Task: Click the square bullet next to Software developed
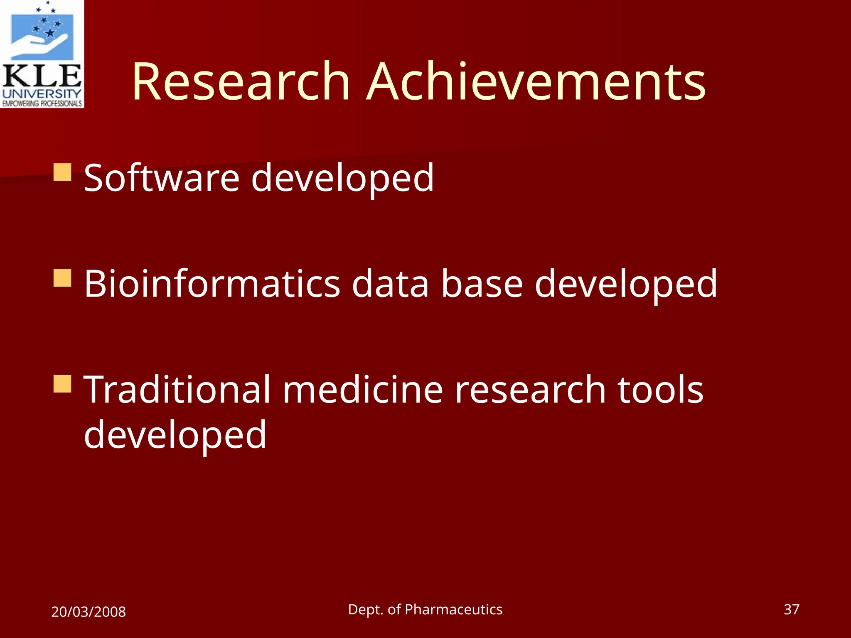click(63, 172)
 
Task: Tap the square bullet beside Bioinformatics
click(63, 278)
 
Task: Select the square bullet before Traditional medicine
click(63, 384)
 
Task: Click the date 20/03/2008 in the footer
click(89, 612)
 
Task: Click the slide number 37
click(791, 609)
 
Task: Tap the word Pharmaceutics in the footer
click(453, 609)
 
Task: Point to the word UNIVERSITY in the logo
click(42, 93)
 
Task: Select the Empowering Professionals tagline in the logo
click(42, 103)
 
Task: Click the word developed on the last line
click(175, 434)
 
